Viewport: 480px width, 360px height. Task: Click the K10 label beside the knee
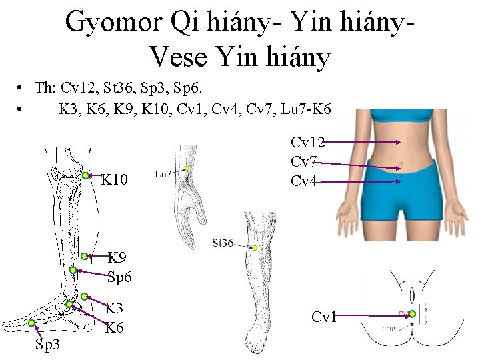coord(114,179)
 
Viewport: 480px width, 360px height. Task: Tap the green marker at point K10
coord(87,175)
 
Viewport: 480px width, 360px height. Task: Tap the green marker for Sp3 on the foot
coord(31,323)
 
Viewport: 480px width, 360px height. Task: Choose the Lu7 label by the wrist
coord(163,174)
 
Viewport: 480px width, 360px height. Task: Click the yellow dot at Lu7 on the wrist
coord(188,169)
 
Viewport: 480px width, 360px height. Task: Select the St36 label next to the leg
coord(223,243)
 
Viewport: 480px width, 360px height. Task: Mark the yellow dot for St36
coord(254,248)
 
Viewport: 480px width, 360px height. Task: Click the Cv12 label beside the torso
coord(307,142)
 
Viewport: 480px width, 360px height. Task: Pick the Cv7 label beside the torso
coord(303,161)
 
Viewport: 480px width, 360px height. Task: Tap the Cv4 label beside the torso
coord(303,181)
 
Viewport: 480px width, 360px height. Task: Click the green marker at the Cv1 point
coord(412,313)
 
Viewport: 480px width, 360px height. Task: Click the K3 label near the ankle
coord(115,309)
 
